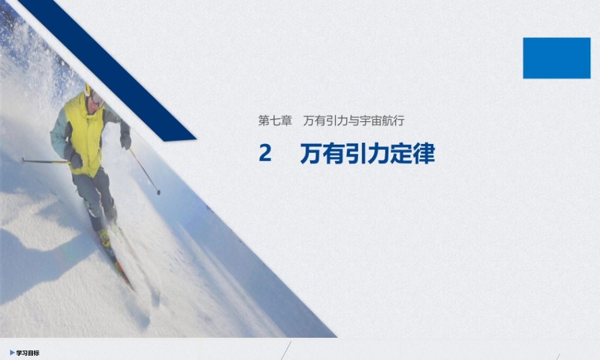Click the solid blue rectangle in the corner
[x=556, y=58]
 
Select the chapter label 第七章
[x=275, y=121]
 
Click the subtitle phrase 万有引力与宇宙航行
[x=353, y=121]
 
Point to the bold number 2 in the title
[x=265, y=154]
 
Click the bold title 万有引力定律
[x=367, y=154]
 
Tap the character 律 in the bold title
[x=424, y=154]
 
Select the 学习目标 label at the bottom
[x=28, y=353]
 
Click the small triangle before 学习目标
[x=12, y=353]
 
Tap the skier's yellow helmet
[x=89, y=90]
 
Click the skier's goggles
[x=97, y=98]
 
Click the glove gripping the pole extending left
[x=74, y=159]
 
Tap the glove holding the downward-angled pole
[x=125, y=141]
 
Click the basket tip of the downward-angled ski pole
[x=158, y=192]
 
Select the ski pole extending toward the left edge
[x=42, y=161]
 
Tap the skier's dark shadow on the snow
[x=36, y=252]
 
